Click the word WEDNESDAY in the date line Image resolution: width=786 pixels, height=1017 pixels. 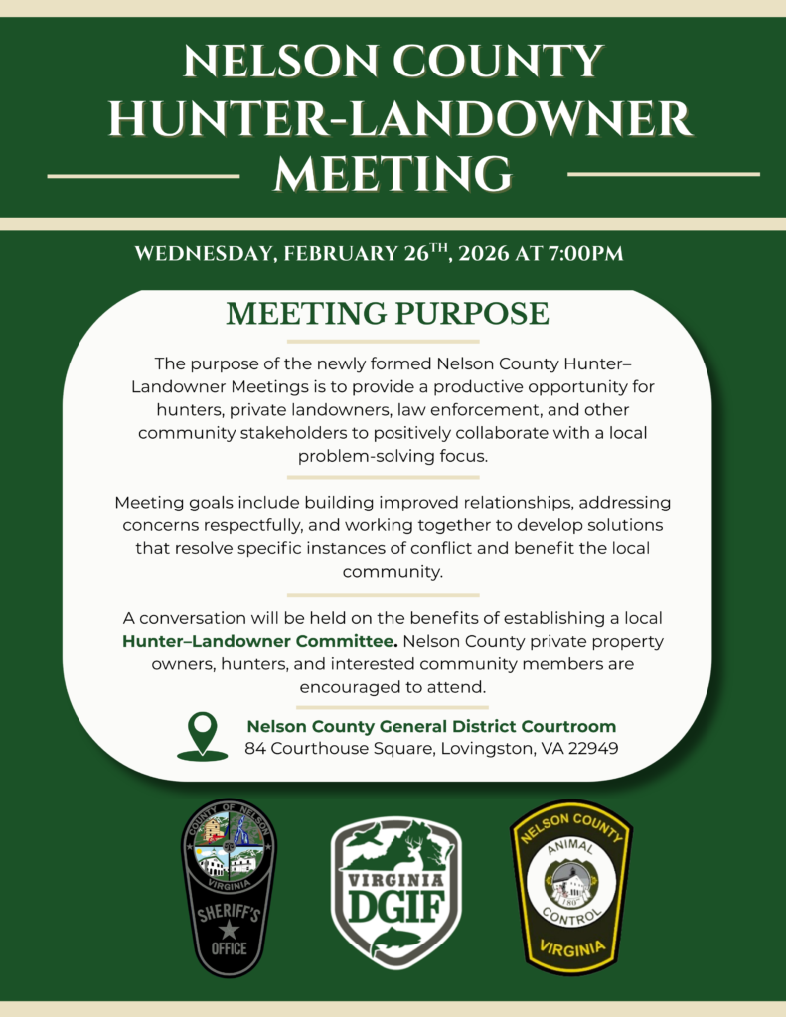202,253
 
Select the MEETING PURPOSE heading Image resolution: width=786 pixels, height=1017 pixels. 388,313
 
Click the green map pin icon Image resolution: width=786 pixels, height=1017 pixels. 202,736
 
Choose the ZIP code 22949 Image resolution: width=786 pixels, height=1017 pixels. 593,748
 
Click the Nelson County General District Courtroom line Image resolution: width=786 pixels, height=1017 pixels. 431,726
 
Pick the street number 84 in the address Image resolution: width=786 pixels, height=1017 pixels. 254,748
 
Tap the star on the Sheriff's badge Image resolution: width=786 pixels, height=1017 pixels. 229,930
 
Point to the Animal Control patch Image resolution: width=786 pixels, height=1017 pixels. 570,887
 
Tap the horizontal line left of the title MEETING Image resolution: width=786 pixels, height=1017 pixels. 143,176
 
